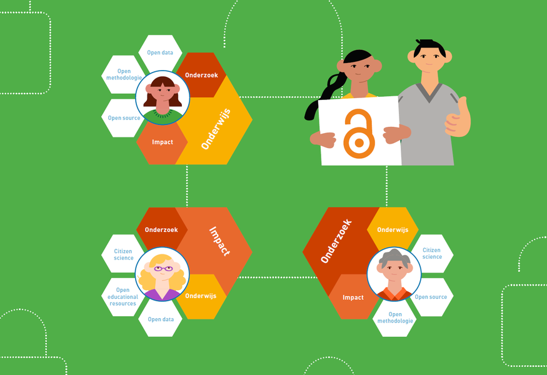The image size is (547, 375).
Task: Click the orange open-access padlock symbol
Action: (359, 134)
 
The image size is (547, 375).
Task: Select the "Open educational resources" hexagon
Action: (123, 297)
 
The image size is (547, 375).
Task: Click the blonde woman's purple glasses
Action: (163, 269)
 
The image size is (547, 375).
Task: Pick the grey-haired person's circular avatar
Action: (394, 274)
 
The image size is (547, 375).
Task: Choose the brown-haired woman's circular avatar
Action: (163, 97)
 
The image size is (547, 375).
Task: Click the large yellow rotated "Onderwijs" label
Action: (216, 129)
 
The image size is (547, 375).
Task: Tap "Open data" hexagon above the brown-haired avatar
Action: (160, 54)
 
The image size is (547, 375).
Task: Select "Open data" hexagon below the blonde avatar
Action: (161, 318)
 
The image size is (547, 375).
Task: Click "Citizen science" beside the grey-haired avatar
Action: (432, 254)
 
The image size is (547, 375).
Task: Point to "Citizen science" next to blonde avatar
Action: (123, 254)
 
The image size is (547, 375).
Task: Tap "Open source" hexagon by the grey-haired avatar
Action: (431, 297)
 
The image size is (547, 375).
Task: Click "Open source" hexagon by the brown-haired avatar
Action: (123, 118)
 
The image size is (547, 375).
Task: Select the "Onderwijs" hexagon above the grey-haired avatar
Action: (393, 229)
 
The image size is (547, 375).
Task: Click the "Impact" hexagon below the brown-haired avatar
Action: (162, 142)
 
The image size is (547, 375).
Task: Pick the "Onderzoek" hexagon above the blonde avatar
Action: (161, 229)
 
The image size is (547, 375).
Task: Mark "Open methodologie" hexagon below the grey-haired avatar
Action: (395, 317)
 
